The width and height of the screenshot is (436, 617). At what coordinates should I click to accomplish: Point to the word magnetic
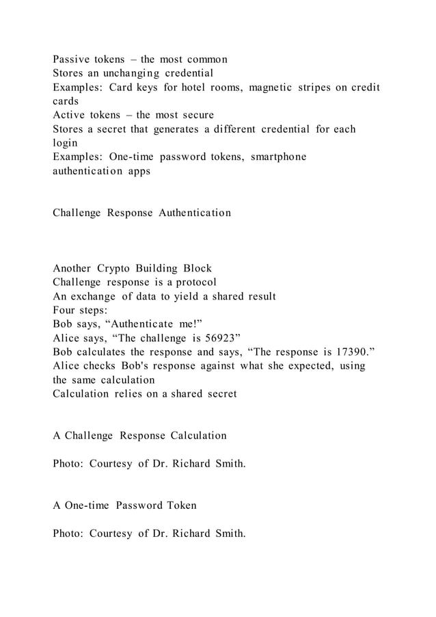click(x=277, y=87)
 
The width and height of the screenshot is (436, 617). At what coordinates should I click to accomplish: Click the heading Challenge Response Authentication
click(x=141, y=213)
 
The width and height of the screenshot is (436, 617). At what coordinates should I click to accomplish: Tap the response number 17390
click(x=351, y=352)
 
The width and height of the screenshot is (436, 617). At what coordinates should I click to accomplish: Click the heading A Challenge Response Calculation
click(x=139, y=436)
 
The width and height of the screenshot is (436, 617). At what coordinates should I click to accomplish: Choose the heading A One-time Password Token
click(x=124, y=506)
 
